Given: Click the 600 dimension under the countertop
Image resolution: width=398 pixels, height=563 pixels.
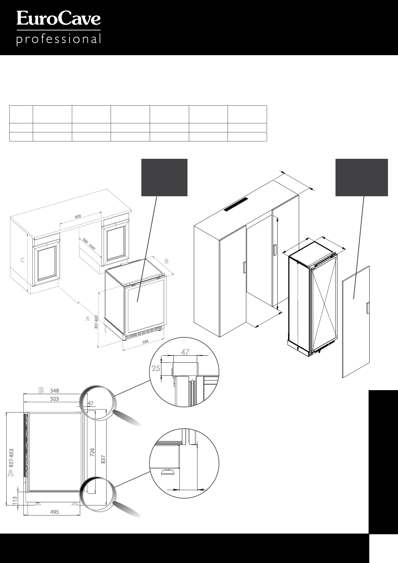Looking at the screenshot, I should [78, 216].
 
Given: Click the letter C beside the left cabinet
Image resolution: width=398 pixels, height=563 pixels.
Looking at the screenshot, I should [22, 260].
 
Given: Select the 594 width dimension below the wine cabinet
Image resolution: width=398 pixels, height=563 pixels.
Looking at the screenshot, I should [145, 342].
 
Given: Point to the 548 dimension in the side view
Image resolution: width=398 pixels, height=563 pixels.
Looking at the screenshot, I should [55, 390].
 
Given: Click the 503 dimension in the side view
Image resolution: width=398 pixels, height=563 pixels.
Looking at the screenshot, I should [54, 399].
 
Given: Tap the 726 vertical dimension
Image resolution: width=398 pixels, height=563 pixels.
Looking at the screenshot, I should [93, 452].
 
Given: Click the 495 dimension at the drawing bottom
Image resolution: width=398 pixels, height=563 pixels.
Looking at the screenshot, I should [54, 512].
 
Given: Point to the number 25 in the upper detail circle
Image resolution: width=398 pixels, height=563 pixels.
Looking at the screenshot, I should [156, 368].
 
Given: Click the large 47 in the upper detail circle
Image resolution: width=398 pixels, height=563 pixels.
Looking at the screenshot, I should [185, 352].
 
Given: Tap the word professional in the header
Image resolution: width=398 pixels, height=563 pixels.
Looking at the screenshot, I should [58, 39].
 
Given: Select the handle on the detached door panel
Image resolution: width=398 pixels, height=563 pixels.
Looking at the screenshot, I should [368, 308].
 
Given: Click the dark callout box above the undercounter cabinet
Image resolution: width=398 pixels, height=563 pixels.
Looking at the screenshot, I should [164, 177].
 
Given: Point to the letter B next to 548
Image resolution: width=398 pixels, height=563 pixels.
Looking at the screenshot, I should [41, 390].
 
